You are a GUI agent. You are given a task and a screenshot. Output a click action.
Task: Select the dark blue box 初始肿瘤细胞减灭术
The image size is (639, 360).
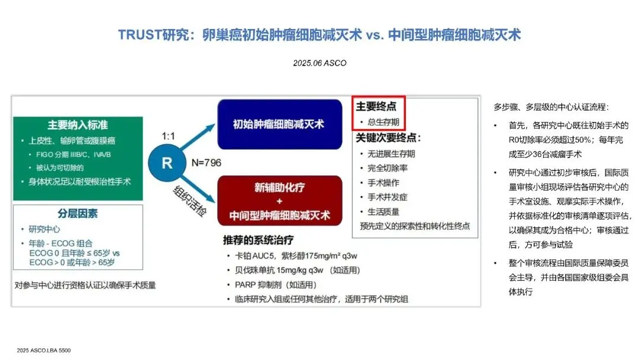click(279, 124)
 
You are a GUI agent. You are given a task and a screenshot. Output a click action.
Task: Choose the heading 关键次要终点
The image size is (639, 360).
click(388, 138)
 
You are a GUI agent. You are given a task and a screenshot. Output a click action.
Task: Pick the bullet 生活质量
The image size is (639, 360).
click(383, 211)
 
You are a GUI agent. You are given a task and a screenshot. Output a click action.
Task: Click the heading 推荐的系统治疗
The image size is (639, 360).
click(258, 241)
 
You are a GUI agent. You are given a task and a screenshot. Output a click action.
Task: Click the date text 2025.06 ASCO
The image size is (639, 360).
click(319, 63)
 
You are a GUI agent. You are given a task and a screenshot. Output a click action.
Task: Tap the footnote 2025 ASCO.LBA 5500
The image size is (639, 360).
click(44, 351)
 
